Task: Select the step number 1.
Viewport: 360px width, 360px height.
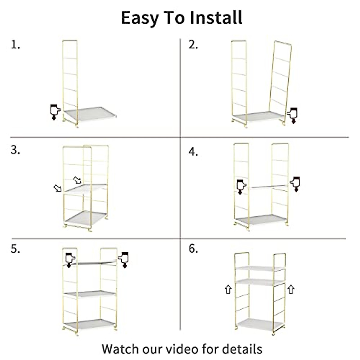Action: point(15,45)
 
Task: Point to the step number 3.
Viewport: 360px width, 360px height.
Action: point(15,150)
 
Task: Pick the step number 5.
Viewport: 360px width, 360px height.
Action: point(15,249)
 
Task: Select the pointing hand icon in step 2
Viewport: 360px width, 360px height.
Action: point(292,115)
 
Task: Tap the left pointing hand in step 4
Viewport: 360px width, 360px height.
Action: point(241,186)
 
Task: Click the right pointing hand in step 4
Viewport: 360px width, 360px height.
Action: point(295,183)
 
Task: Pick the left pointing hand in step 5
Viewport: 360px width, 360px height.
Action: point(70,259)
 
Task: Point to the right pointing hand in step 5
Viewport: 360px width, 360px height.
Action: point(124,259)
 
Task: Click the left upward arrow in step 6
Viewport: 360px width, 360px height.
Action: point(228,289)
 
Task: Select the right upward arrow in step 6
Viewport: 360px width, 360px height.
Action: point(291,289)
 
